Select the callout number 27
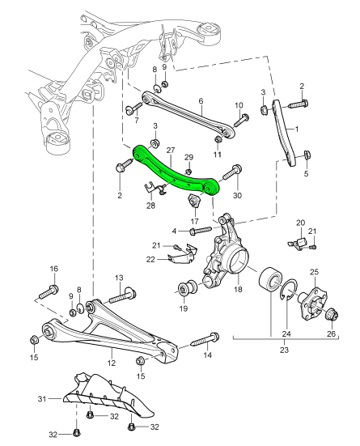pos(171,150)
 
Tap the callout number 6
pos(200,101)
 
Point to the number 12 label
pos(112,352)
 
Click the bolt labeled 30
pos(233,172)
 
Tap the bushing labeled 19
pos(185,290)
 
